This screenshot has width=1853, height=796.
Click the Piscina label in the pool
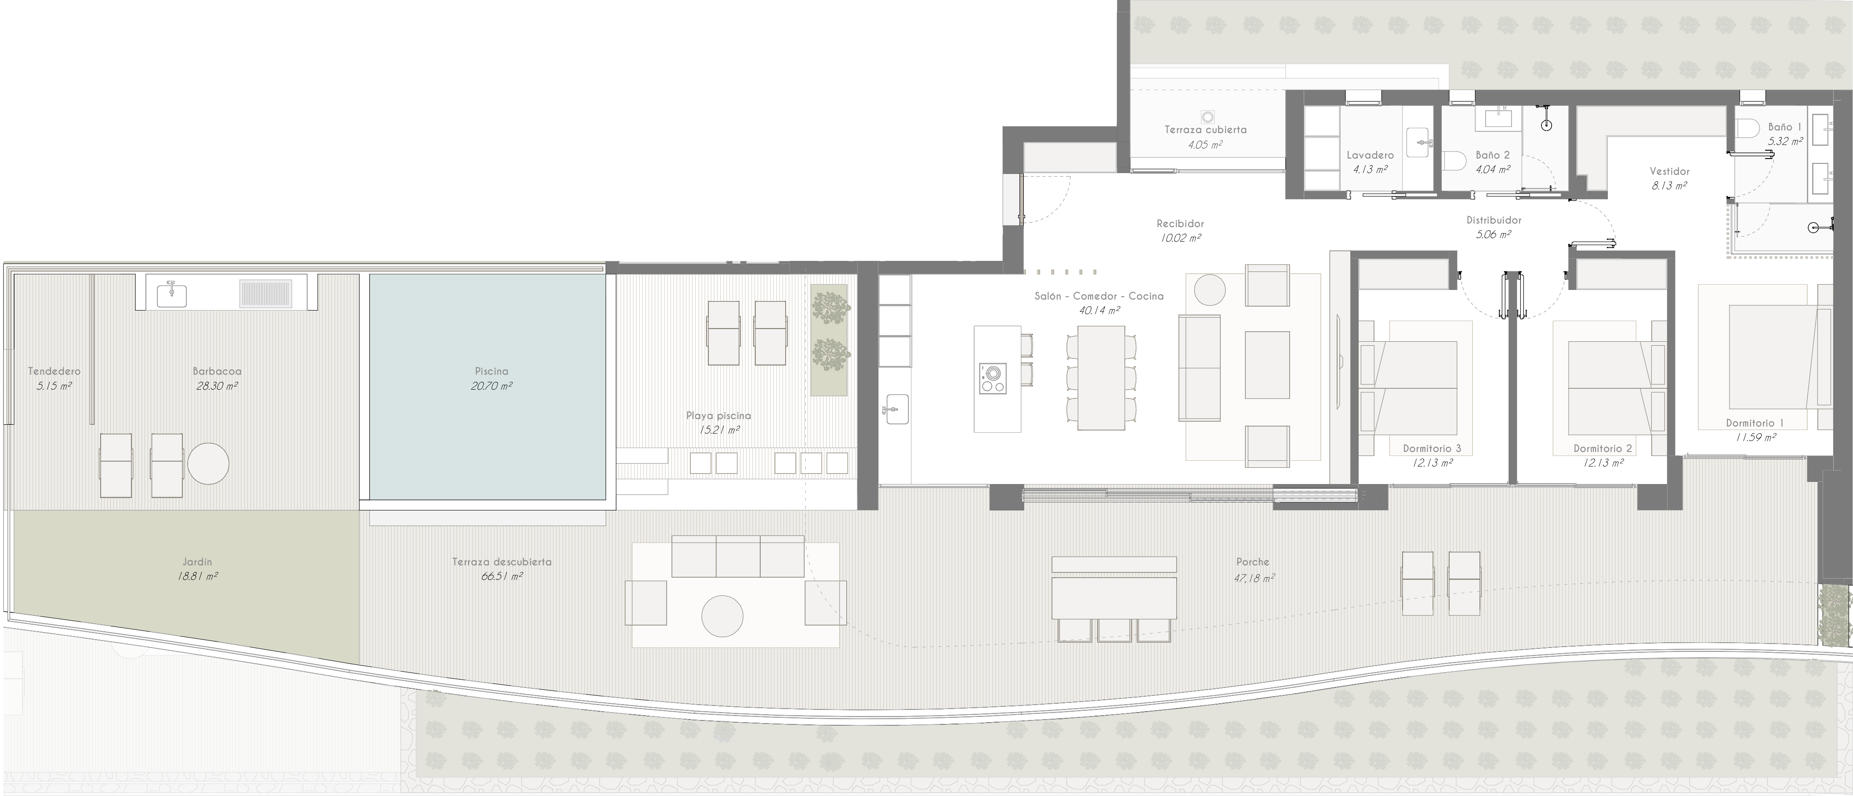(491, 371)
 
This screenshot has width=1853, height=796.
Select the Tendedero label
(54, 371)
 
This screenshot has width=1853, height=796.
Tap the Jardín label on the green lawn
(197, 561)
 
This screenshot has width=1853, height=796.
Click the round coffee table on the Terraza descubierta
(722, 616)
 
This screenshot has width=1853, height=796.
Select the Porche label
(1253, 561)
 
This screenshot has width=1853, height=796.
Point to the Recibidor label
(1180, 224)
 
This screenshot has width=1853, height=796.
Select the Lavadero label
(1370, 155)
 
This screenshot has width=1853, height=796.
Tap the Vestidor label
(1669, 171)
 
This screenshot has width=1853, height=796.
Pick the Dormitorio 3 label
(1432, 449)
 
